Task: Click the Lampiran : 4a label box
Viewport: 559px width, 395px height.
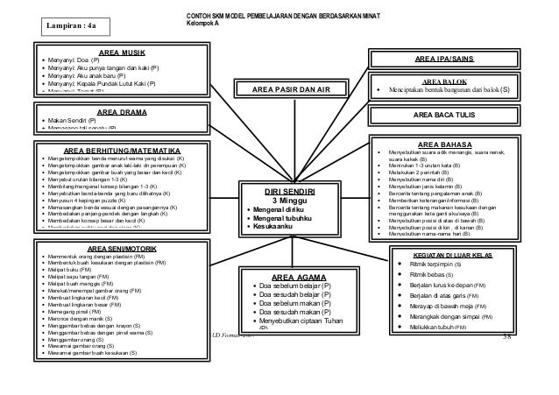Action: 74,27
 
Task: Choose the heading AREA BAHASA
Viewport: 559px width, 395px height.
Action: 448,145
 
